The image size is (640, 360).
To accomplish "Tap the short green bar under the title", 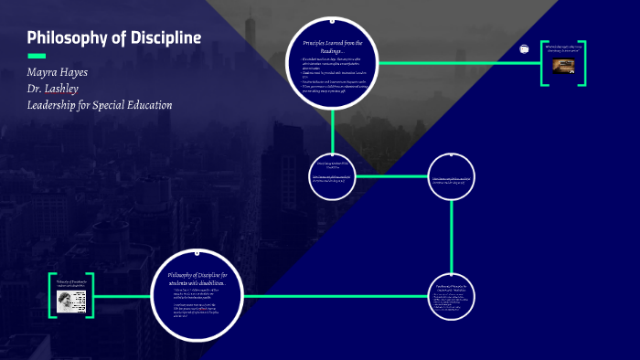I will (37, 57).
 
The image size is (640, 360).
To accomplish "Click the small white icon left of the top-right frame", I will (525, 48).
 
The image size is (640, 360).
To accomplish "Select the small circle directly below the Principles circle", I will (333, 174).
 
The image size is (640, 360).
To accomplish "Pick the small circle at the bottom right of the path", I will (452, 294).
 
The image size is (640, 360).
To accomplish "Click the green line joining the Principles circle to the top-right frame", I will (457, 62).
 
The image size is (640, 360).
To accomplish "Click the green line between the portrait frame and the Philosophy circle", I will (121, 296).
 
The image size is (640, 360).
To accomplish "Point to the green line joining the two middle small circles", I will (392, 175).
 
